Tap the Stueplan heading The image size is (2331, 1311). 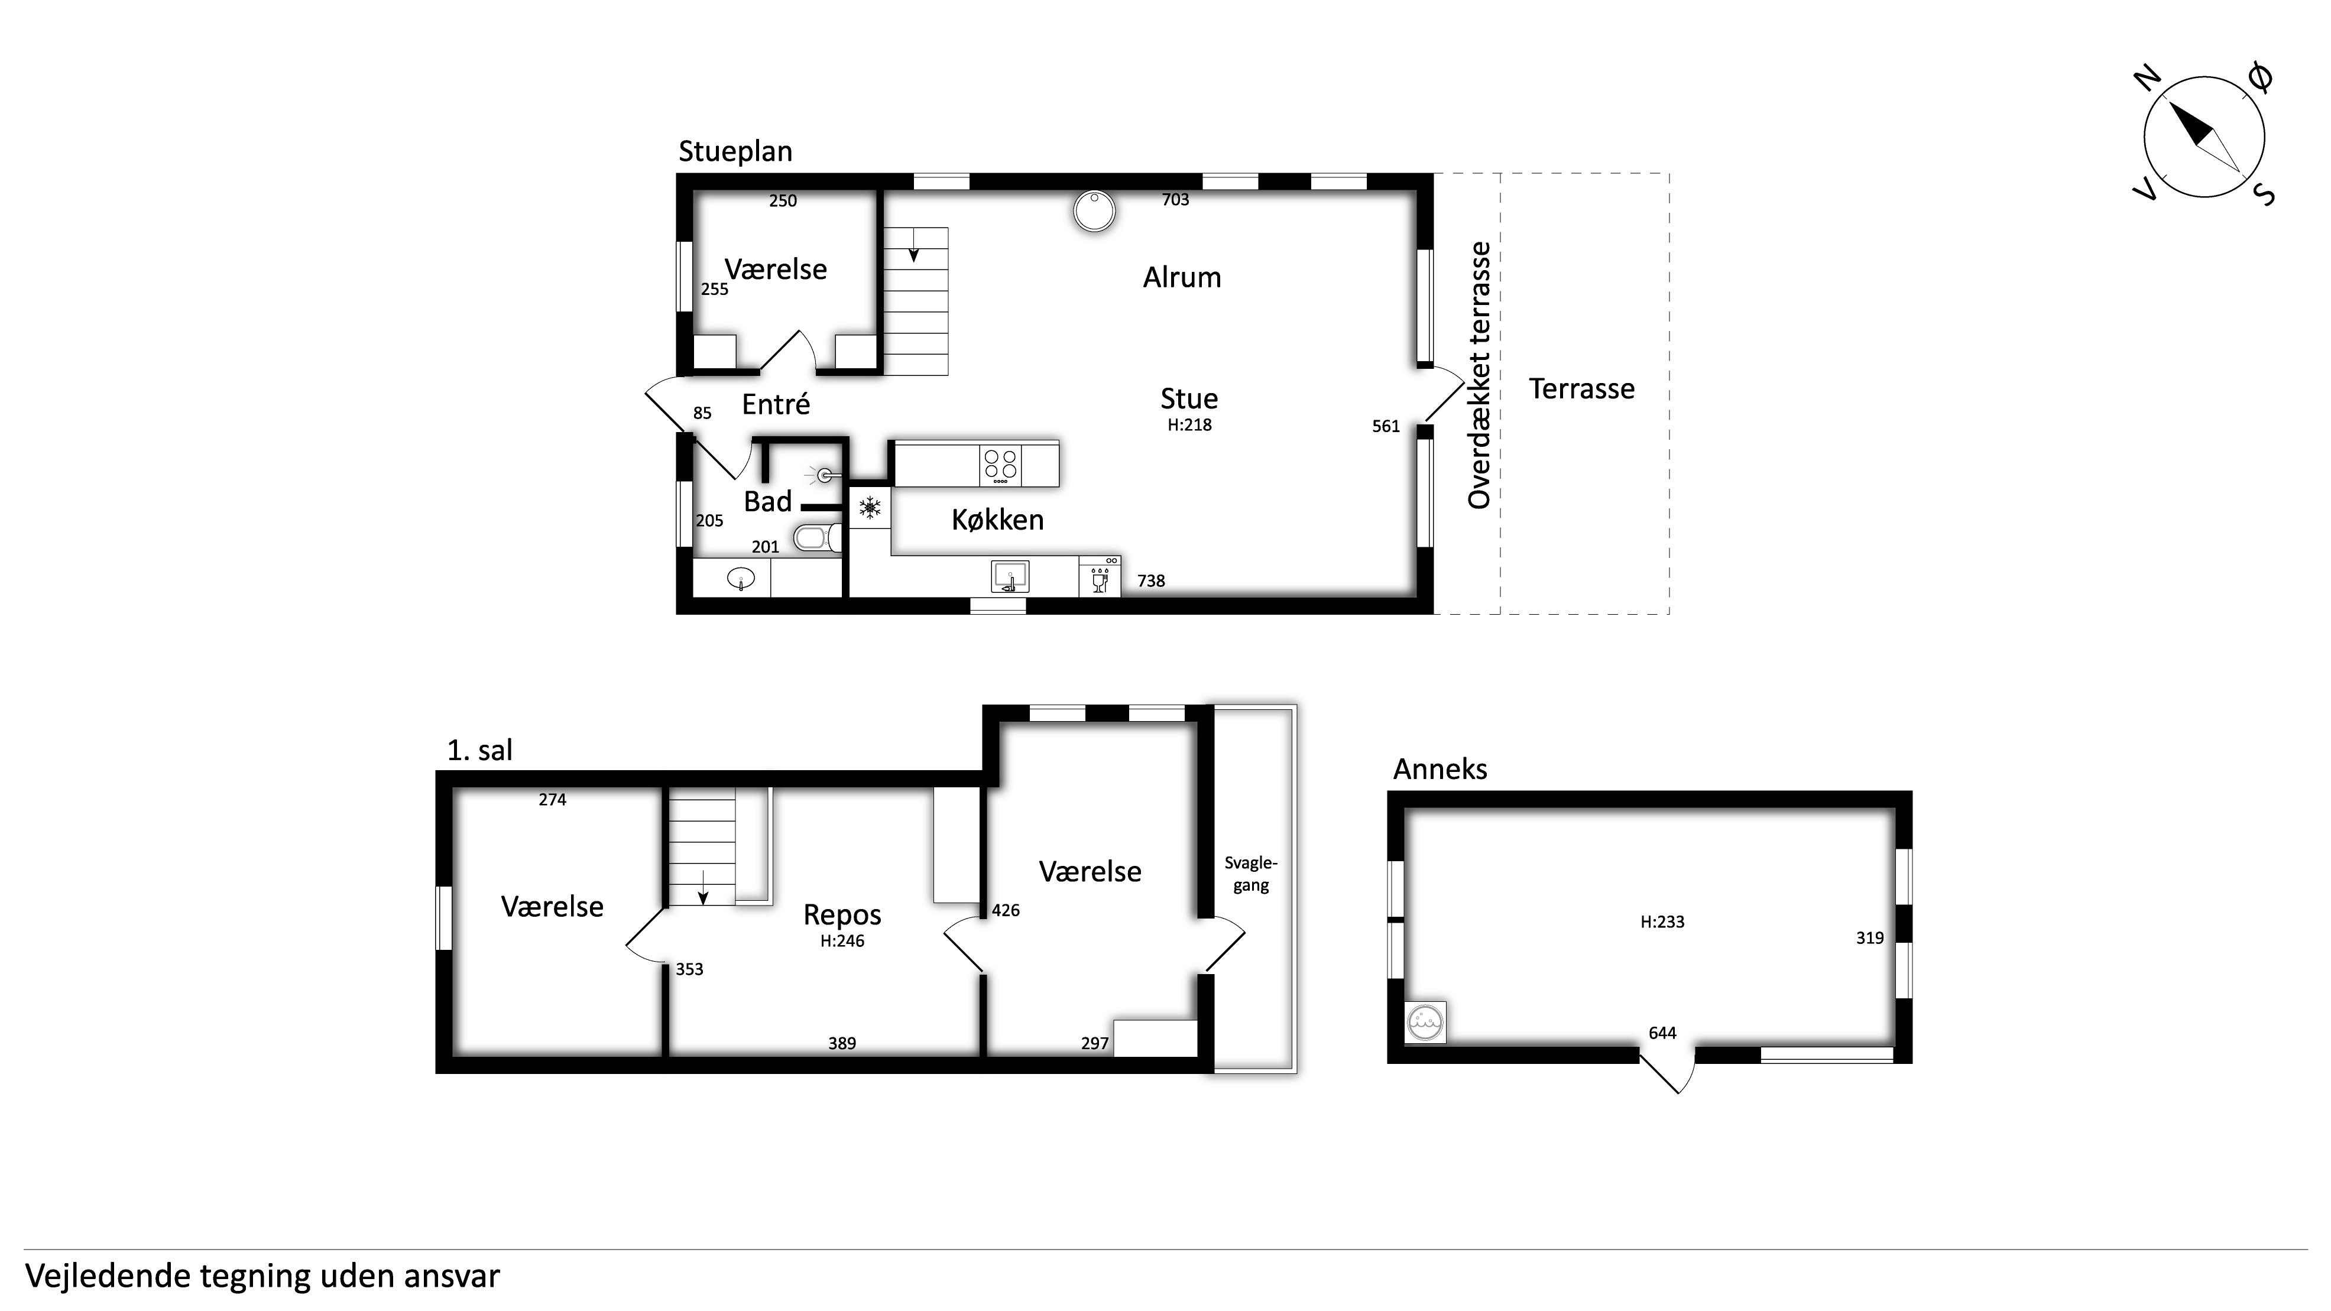pyautogui.click(x=735, y=152)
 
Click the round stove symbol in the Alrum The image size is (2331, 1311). pyautogui.click(x=1094, y=212)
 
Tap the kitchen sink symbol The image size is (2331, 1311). pyautogui.click(x=1010, y=576)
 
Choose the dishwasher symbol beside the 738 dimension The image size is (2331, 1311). pyautogui.click(x=1100, y=576)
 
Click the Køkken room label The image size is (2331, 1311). pyautogui.click(x=997, y=520)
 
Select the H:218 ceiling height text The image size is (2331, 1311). pyautogui.click(x=1189, y=425)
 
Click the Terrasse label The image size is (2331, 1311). pyautogui.click(x=1582, y=389)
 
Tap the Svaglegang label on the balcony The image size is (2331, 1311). pyautogui.click(x=1250, y=874)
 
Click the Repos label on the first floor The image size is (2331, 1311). pyautogui.click(x=842, y=916)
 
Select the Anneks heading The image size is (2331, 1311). pyautogui.click(x=1440, y=769)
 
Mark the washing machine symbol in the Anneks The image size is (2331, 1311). pyautogui.click(x=1425, y=1021)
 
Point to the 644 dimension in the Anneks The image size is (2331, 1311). pyautogui.click(x=1662, y=1033)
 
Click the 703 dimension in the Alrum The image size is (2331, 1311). pyautogui.click(x=1175, y=200)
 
